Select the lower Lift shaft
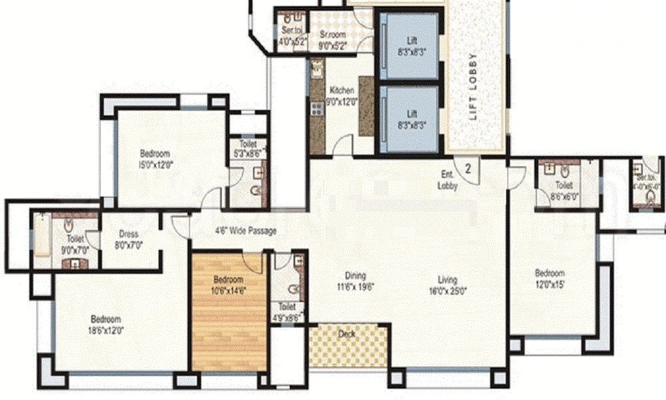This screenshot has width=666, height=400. (408, 119)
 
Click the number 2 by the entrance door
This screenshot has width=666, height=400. (468, 169)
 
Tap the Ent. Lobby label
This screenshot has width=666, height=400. (448, 181)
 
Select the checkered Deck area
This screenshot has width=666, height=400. (348, 347)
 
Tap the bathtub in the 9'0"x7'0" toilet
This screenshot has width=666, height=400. (41, 236)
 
